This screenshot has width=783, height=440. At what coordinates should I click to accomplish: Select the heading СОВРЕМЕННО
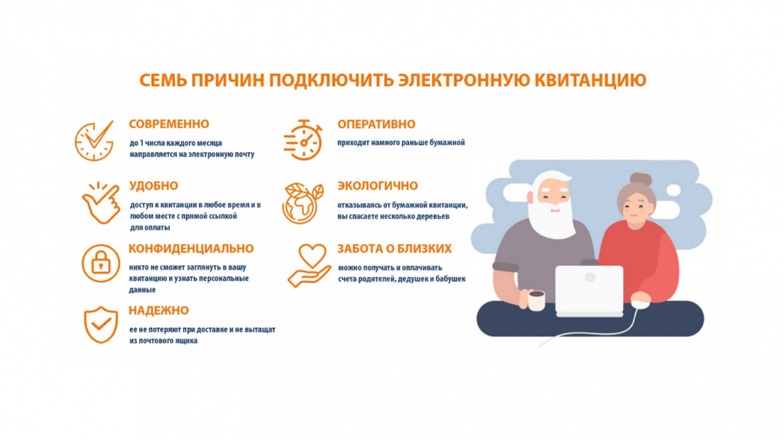[169, 124]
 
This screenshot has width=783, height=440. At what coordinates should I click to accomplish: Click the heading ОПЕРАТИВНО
[376, 124]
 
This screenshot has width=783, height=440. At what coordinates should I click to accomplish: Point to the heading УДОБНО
[153, 186]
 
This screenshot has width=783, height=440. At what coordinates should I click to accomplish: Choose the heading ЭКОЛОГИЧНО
[377, 186]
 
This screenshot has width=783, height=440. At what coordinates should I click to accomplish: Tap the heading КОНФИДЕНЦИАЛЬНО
[191, 249]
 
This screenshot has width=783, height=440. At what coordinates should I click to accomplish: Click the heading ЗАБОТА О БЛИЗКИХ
[394, 249]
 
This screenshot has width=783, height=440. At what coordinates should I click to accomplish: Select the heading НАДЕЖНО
[159, 311]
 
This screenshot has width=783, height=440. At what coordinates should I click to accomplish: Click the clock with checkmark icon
[94, 140]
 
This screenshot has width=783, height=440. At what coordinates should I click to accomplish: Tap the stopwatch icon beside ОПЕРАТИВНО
[303, 140]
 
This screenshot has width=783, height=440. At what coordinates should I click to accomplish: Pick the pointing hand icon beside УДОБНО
[100, 202]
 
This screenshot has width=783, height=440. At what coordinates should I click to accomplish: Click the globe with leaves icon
[302, 202]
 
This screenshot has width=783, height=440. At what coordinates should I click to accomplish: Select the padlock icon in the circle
[100, 264]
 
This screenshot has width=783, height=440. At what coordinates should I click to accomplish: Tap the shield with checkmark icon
[100, 324]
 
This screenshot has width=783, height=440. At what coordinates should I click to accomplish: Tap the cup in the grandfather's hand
[536, 300]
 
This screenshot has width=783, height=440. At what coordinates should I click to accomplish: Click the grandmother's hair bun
[640, 180]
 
